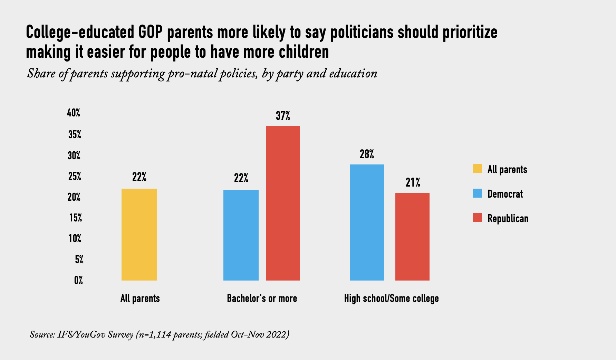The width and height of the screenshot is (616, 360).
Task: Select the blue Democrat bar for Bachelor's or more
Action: [x=241, y=235]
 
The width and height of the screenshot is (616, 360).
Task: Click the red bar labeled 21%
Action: [x=412, y=236]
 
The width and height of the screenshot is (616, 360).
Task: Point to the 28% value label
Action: [x=367, y=154]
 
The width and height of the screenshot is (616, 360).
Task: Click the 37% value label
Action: [x=283, y=116]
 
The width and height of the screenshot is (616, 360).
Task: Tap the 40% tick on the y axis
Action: [x=74, y=113]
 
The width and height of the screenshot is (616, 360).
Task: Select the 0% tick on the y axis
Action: [x=78, y=280]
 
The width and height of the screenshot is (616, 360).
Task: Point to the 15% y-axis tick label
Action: [x=75, y=218]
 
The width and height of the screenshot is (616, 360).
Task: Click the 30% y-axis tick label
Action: [x=74, y=156]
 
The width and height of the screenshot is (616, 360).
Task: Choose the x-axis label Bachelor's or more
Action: [x=262, y=298]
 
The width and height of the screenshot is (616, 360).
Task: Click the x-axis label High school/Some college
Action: [x=391, y=298]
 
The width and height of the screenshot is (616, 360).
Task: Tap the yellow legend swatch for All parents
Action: [x=477, y=169]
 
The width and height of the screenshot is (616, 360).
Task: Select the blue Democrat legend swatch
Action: [x=477, y=193]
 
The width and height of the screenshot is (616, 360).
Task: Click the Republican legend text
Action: [x=508, y=218]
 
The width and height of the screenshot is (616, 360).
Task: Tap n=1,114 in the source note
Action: [x=154, y=334]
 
